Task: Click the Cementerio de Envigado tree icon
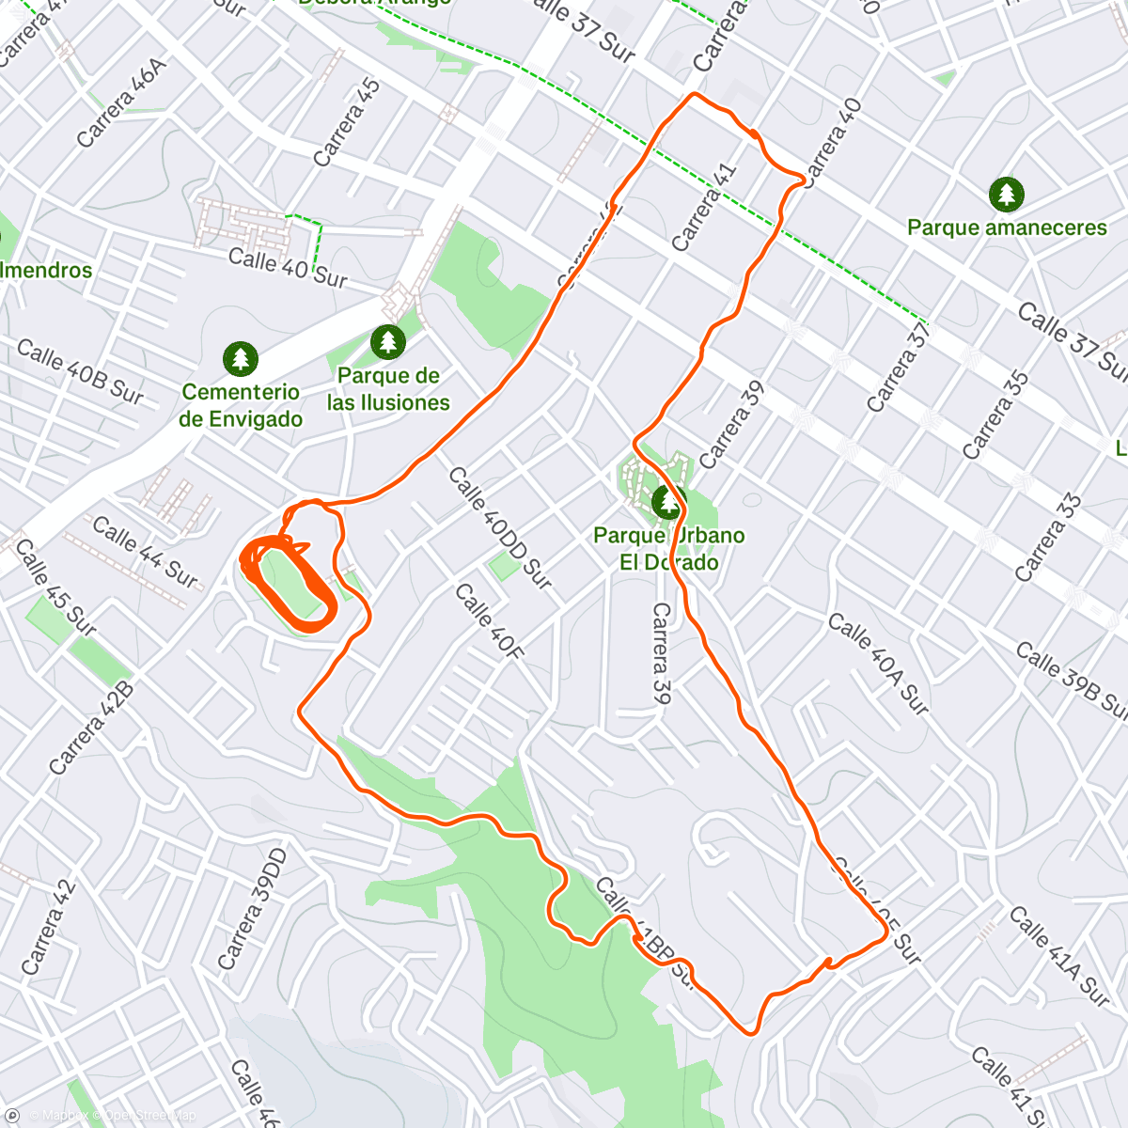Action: (241, 358)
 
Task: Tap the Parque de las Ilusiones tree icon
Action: (387, 341)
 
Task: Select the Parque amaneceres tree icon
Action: (1007, 195)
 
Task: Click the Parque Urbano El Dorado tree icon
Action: (667, 502)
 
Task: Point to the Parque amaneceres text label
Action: (1007, 227)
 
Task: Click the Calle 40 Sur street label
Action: (289, 267)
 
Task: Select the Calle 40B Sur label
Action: (80, 372)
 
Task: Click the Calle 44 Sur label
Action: (145, 552)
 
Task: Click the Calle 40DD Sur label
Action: (499, 527)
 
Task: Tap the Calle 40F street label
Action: (488, 620)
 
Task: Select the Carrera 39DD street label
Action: (252, 908)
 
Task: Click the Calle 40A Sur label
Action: (878, 663)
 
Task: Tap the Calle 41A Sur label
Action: (1058, 955)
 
